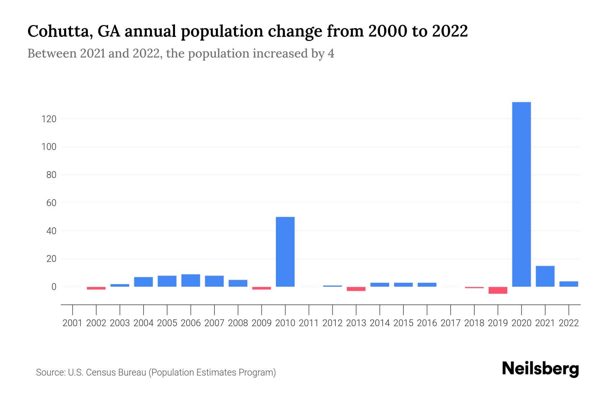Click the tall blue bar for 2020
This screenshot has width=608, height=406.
pyautogui.click(x=521, y=195)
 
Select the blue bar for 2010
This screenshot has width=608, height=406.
pyautogui.click(x=285, y=252)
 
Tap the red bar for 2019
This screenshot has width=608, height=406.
pyautogui.click(x=498, y=290)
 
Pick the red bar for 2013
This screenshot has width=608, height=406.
pyautogui.click(x=356, y=289)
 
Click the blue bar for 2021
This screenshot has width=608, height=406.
pyautogui.click(x=545, y=276)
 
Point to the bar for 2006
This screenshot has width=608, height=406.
pyautogui.click(x=191, y=280)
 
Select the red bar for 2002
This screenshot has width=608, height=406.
pyautogui.click(x=96, y=288)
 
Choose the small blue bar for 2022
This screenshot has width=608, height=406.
pyautogui.click(x=568, y=284)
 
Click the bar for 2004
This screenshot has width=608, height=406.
pyautogui.click(x=144, y=282)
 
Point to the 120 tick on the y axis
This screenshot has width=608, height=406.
pyautogui.click(x=49, y=119)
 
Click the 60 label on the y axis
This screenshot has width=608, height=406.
pyautogui.click(x=49, y=203)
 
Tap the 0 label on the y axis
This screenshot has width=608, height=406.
pyautogui.click(x=53, y=287)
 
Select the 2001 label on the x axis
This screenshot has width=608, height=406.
pyautogui.click(x=73, y=323)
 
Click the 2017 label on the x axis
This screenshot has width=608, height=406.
pyautogui.click(x=450, y=323)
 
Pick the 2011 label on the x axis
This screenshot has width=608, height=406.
pyautogui.click(x=309, y=323)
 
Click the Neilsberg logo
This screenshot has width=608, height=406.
pyautogui.click(x=540, y=369)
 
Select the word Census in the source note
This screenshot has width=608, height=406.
pyautogui.click(x=101, y=373)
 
